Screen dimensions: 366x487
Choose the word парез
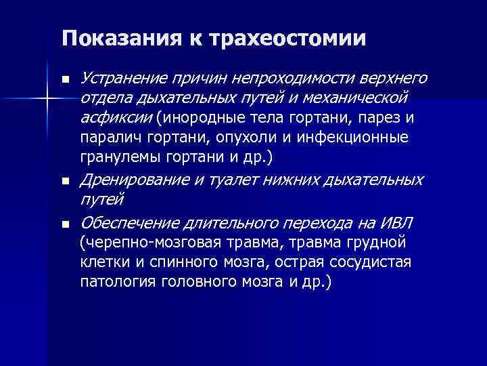click(x=382, y=119)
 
